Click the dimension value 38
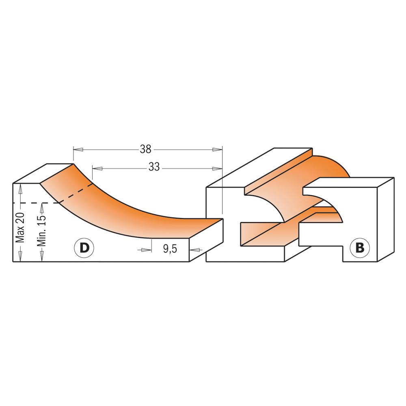coord(145,149)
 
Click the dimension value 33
coord(154,167)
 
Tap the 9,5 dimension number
coord(170,248)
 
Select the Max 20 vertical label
coord(20,228)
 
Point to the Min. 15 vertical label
coord(41,231)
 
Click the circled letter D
coord(84,248)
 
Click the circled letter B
coord(360,248)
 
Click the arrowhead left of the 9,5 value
coord(146,250)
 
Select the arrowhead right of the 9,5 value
coord(194,250)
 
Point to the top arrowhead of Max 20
coord(20,189)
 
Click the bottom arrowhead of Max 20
coord(20,256)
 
